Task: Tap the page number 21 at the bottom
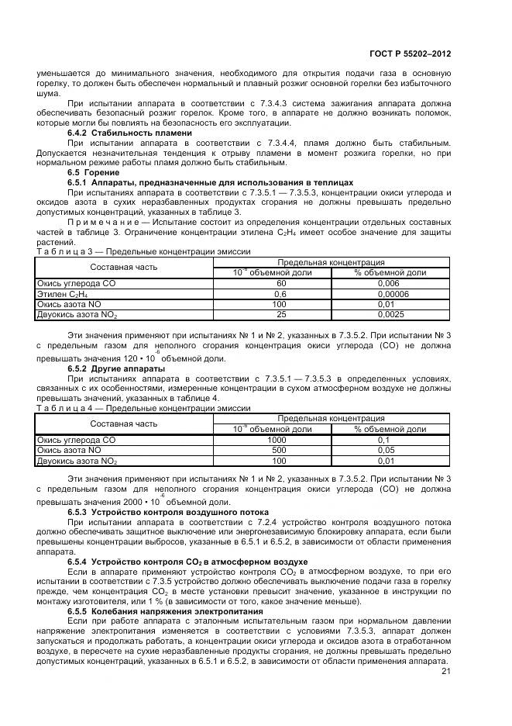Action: coord(445,672)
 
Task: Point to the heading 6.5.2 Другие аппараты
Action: coord(116,368)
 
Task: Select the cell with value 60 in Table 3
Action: coord(280,285)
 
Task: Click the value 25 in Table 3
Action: coord(280,314)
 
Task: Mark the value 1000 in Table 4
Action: coord(277,440)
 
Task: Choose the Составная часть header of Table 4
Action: coord(124,423)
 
